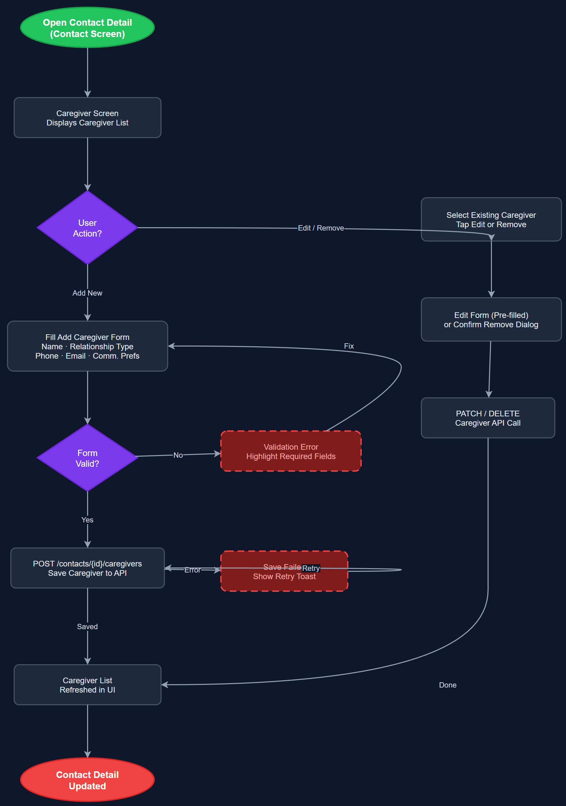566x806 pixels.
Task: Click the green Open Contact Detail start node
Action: click(87, 28)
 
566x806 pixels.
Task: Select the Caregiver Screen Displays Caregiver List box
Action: click(87, 118)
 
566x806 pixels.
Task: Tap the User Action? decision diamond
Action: click(87, 228)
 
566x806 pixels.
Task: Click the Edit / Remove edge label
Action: click(321, 228)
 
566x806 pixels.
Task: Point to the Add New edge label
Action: click(87, 293)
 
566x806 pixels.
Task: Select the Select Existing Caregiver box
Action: click(491, 220)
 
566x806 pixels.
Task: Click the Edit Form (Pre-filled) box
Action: click(491, 320)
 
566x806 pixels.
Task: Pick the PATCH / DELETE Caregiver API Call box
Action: click(488, 418)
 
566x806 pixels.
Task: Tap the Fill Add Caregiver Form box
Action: click(87, 347)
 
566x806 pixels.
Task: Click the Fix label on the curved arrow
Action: click(349, 346)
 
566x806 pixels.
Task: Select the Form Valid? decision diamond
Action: click(87, 458)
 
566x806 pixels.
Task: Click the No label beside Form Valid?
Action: click(178, 455)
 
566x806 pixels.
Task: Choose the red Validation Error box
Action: click(291, 451)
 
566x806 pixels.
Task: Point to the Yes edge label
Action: click(87, 520)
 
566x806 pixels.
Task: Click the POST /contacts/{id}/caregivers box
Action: click(87, 568)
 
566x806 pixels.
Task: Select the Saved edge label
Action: click(87, 627)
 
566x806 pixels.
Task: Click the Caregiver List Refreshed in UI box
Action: click(87, 685)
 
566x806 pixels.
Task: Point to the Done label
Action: click(448, 685)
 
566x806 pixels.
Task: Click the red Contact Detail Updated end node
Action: click(87, 780)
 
